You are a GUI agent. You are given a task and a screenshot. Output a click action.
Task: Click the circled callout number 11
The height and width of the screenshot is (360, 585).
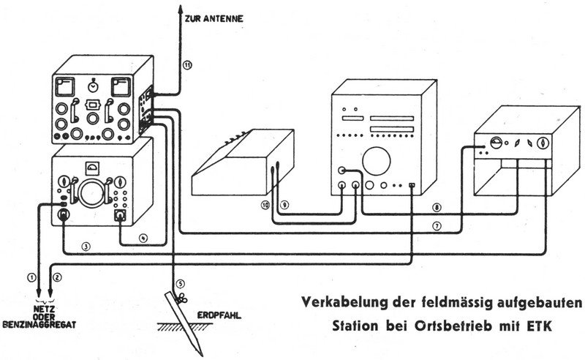point(188,66)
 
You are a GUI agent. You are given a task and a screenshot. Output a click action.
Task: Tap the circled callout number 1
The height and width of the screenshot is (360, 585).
point(31,277)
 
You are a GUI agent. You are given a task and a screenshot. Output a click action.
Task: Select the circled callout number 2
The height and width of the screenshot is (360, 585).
point(58,277)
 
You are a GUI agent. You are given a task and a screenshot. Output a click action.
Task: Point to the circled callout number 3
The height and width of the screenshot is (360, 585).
point(86,246)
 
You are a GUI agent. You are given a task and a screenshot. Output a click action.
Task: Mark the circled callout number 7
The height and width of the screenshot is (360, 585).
point(437,226)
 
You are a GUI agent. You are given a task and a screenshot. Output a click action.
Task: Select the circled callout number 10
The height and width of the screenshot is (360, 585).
point(265,206)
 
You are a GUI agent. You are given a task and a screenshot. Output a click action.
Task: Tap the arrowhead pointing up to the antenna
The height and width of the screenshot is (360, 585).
point(179,9)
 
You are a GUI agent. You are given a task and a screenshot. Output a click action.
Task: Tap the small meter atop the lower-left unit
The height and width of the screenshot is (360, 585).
point(93,165)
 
